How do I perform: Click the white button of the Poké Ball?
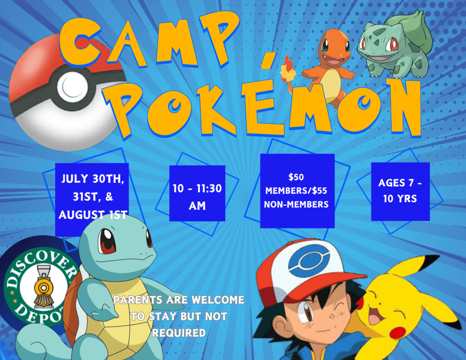click(x=72, y=86)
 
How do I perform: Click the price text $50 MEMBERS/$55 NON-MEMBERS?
click(x=297, y=191)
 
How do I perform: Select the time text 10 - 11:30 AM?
click(x=197, y=197)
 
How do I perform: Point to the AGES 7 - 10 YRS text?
click(x=400, y=191)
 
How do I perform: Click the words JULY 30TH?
click(x=92, y=178)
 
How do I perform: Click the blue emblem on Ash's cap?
click(x=309, y=260)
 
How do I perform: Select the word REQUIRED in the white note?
click(x=179, y=333)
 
